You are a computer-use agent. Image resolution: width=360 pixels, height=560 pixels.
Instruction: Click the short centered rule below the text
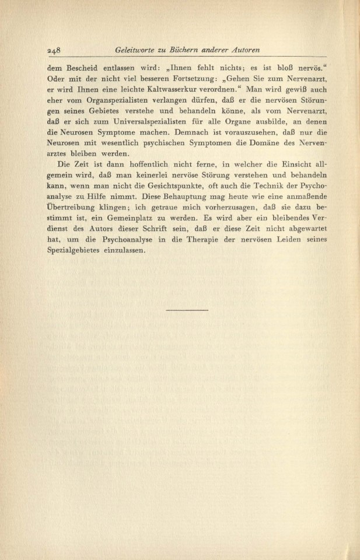point(187,309)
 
